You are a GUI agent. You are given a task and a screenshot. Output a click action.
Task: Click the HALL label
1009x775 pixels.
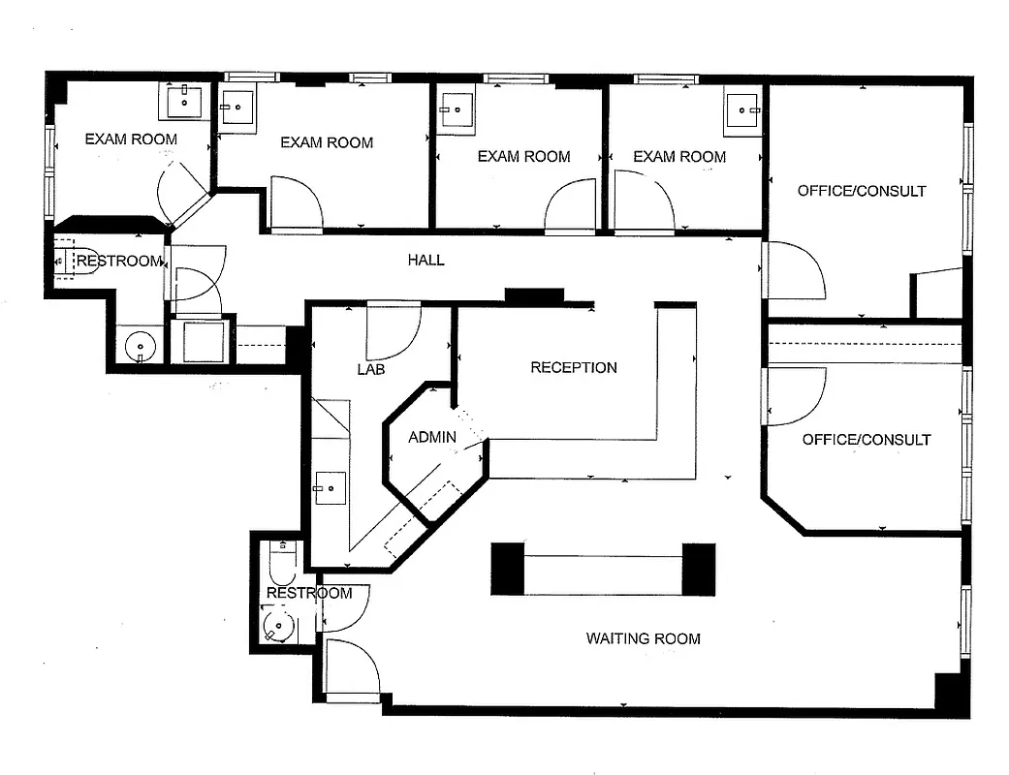(426, 260)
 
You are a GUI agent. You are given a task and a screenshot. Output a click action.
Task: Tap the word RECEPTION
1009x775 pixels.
(573, 367)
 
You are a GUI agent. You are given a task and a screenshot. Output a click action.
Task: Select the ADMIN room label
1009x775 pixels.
(431, 437)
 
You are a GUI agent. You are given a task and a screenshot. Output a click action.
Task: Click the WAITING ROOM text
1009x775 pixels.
(643, 638)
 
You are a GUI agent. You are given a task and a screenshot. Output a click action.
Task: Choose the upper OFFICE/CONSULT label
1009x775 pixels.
(861, 191)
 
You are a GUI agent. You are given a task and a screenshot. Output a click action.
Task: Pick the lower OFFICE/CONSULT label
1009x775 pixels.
(866, 440)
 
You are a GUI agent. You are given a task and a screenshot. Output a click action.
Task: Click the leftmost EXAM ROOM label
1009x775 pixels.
(131, 139)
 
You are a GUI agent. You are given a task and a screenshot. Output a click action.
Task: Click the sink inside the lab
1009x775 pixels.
(329, 487)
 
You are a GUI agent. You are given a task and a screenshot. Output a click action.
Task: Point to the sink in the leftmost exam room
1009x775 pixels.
(182, 99)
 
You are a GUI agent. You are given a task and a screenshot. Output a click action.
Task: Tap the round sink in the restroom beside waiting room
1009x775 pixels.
(277, 626)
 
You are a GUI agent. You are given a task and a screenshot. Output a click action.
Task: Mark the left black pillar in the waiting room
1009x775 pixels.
(507, 569)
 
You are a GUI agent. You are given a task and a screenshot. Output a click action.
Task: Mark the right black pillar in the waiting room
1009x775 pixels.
(698, 569)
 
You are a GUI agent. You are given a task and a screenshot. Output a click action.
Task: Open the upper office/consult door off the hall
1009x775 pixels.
(793, 271)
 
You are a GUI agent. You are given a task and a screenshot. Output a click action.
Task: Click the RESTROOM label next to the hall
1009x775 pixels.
(119, 261)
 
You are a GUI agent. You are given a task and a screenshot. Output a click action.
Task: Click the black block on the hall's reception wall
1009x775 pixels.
(533, 295)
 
